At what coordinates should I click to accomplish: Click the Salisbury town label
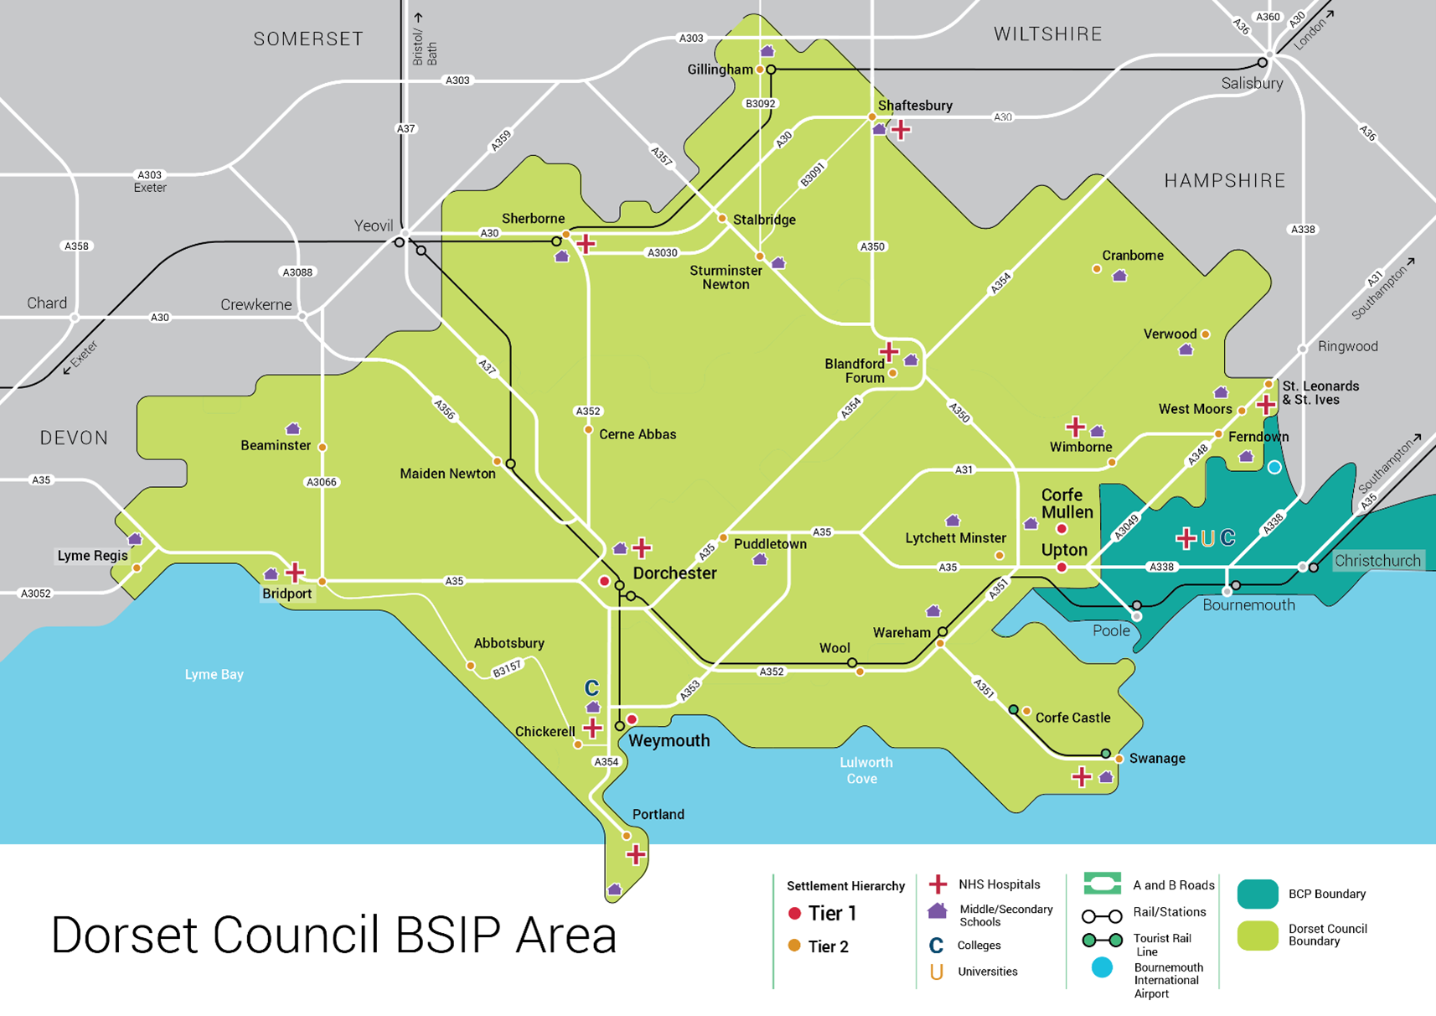[x=1252, y=83]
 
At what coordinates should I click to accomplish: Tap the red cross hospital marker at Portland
[x=636, y=854]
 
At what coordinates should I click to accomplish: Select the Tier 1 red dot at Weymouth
[x=633, y=719]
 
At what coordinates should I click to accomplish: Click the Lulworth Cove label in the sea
[x=865, y=770]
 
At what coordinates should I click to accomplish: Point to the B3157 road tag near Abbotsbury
[x=507, y=668]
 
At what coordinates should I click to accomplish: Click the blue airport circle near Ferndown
[x=1274, y=467]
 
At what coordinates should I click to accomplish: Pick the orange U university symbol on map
[x=1207, y=538]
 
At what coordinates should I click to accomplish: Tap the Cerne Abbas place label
[x=638, y=434]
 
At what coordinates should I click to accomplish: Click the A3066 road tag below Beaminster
[x=322, y=482]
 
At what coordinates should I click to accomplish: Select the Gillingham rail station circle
[x=771, y=70]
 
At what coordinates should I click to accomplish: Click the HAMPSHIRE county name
[x=1224, y=181]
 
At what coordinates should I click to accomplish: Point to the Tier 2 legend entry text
[x=828, y=946]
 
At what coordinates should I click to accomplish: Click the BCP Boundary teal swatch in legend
[x=1258, y=894]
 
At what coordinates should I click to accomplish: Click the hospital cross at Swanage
[x=1082, y=777]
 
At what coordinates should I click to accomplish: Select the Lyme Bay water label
[x=214, y=674]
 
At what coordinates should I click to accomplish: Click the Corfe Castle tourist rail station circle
[x=1014, y=710]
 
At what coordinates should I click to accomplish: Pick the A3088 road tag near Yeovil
[x=297, y=272]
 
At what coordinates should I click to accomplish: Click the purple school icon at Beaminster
[x=292, y=429]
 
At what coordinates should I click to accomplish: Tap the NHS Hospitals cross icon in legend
[x=938, y=884]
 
